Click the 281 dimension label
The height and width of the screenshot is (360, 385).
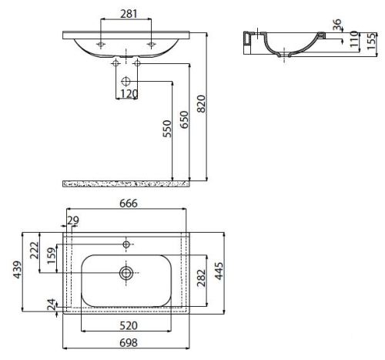pos(129,14)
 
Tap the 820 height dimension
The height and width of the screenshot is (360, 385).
pos(202,104)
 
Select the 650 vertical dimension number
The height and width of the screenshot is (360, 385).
pos(184,119)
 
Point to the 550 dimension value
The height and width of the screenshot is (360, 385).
pos(167,129)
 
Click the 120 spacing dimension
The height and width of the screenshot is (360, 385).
pos(129,94)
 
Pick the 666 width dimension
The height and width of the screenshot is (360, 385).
pos(129,204)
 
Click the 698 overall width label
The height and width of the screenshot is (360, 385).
pos(129,342)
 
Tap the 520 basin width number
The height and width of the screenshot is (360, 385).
pos(129,326)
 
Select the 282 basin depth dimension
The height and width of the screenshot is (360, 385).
pos(201,278)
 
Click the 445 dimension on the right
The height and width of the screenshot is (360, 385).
pos(219,271)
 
